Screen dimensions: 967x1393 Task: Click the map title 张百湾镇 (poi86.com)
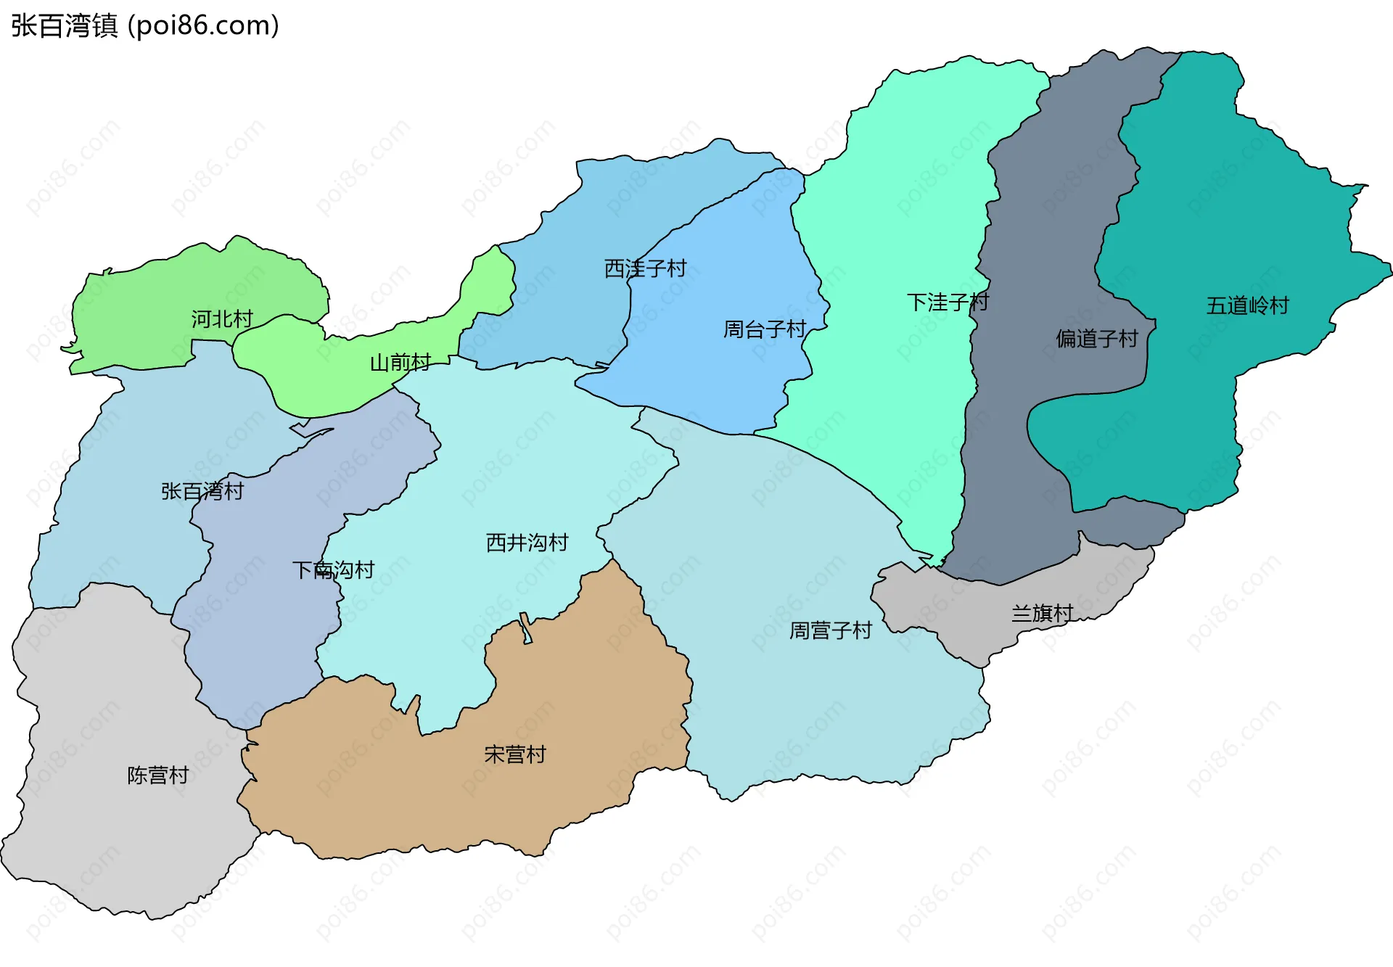coord(145,26)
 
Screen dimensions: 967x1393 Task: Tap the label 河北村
coord(222,319)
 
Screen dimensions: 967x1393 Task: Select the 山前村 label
coord(400,363)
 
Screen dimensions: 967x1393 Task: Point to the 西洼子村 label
coord(645,269)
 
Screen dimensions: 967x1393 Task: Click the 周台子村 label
coord(765,330)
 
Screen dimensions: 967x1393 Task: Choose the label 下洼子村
coord(948,303)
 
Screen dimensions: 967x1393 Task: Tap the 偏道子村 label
coord(1097,339)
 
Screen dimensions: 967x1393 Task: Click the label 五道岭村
coord(1247,306)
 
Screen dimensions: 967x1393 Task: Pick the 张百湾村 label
coord(202,492)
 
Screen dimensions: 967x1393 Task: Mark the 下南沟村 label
coord(333,570)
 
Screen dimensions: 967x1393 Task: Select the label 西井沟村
coord(527,543)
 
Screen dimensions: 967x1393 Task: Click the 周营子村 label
coord(830,630)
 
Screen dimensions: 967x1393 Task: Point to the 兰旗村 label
coord(1042,614)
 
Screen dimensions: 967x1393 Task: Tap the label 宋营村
coord(514,755)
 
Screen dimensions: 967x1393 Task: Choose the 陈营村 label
coord(157,775)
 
